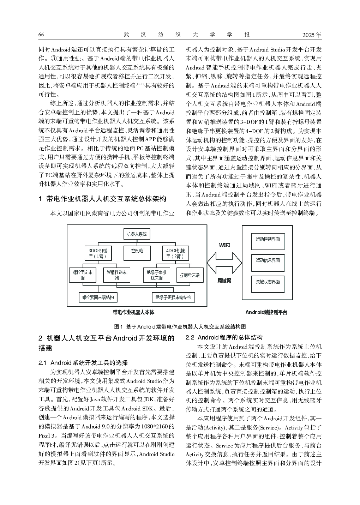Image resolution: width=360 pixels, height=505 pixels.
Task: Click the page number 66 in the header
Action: pos(41,35)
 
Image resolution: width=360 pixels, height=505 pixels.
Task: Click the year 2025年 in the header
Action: pos(312,35)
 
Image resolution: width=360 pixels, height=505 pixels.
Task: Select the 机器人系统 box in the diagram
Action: pos(137,234)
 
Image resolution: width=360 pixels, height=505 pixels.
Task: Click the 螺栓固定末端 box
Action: pos(83,275)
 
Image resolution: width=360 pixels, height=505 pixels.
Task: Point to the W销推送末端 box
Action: pos(117,275)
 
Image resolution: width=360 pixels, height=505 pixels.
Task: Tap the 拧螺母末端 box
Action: pos(190,275)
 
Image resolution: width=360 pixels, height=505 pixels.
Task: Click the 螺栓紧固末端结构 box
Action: pos(98,297)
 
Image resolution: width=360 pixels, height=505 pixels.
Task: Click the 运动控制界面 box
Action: pos(268,239)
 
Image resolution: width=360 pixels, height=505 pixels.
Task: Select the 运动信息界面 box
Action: pos(268,260)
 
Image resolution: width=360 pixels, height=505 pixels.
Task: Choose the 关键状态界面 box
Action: pos(268,282)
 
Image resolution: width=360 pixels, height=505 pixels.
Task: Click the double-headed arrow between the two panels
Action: pos(224,263)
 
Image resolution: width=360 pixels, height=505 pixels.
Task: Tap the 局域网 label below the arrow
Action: pos(224,281)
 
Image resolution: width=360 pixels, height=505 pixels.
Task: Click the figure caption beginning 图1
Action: pos(180,326)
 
